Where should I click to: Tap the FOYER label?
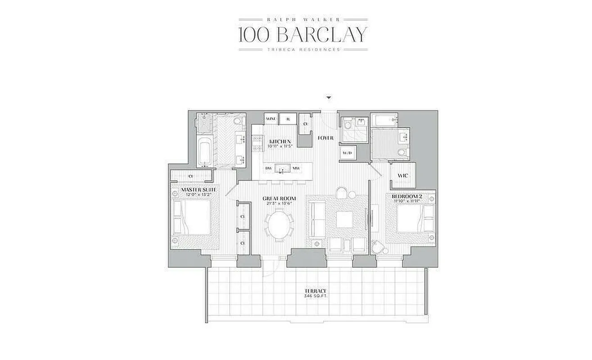click(325, 138)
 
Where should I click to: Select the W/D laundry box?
click(347, 153)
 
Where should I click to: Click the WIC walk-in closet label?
click(403, 175)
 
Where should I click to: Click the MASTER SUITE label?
click(199, 190)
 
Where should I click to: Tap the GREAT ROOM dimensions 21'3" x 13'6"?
click(280, 203)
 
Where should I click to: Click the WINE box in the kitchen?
click(271, 119)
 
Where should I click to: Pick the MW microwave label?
click(296, 169)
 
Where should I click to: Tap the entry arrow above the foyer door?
click(330, 98)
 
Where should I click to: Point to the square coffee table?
click(345, 220)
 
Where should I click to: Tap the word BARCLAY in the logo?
click(320, 34)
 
